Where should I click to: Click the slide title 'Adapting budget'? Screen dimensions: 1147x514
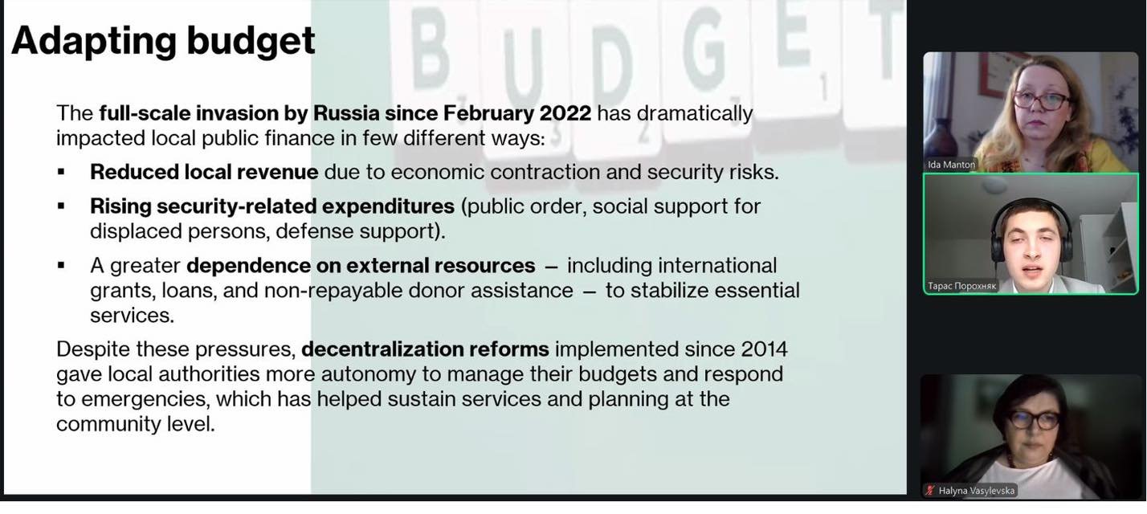point(163,41)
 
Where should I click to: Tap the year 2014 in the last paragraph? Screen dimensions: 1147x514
point(763,349)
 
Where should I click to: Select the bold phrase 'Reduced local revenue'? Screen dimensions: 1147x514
point(204,172)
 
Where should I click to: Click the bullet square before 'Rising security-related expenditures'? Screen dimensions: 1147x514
point(61,206)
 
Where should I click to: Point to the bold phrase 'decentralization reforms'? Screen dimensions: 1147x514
point(425,349)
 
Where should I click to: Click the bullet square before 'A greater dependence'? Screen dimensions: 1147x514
point(61,266)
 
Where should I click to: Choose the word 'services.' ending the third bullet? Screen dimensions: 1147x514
point(132,316)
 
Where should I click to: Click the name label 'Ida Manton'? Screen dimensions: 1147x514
point(951,165)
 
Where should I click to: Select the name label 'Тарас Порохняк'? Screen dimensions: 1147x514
point(961,286)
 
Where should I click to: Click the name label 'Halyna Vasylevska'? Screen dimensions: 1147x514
point(977,491)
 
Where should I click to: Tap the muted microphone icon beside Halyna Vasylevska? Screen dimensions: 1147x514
point(930,491)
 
